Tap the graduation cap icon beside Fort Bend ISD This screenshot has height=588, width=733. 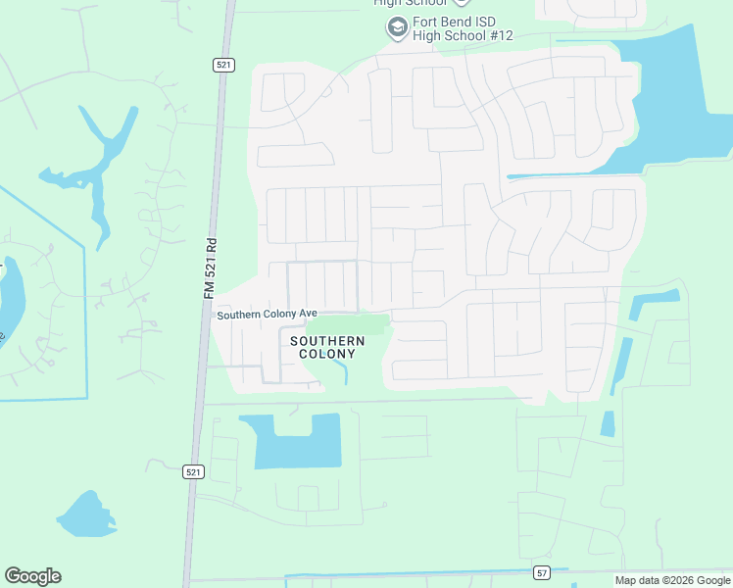[x=397, y=26]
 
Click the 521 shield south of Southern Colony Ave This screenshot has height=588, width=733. [x=193, y=471]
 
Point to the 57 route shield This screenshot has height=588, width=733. [x=542, y=572]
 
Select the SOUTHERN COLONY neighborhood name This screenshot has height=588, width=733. [x=327, y=347]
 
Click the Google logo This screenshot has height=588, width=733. [x=32, y=576]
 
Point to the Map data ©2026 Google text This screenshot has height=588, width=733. [x=672, y=580]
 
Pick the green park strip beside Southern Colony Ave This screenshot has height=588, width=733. [x=348, y=323]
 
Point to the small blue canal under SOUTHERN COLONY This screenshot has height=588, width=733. [x=340, y=370]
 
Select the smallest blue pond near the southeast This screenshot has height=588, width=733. [x=608, y=423]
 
